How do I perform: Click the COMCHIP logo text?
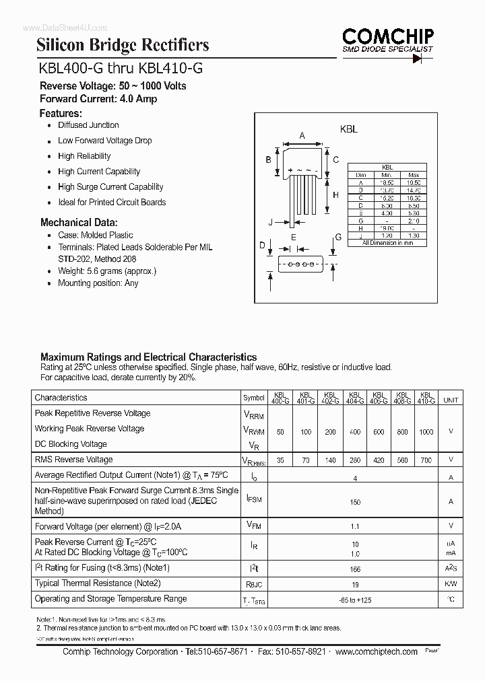click(387, 36)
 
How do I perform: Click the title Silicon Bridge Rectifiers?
click(123, 45)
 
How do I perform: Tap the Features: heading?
click(61, 113)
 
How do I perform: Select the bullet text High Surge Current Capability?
click(110, 187)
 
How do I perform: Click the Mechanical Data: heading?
click(79, 222)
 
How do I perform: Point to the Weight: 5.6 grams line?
click(107, 271)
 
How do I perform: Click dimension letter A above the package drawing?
click(302, 136)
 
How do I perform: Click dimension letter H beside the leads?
click(335, 195)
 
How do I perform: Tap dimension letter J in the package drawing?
click(270, 221)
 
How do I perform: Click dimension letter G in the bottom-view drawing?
click(338, 238)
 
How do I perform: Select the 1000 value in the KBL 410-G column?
click(426, 432)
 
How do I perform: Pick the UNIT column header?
click(451, 400)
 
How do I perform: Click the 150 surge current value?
click(356, 502)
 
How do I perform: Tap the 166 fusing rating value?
click(356, 569)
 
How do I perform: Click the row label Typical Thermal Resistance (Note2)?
click(98, 583)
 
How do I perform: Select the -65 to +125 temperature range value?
click(356, 599)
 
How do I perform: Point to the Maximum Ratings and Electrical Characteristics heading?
click(148, 357)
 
